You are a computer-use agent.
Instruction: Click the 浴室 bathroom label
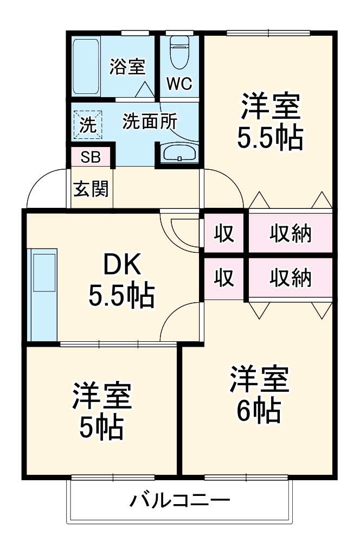click(x=127, y=67)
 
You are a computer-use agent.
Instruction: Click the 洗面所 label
click(x=149, y=122)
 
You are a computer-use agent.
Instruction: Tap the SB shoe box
click(x=91, y=157)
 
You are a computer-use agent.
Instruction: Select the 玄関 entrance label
click(x=91, y=189)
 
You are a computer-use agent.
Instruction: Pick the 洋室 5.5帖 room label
click(x=269, y=122)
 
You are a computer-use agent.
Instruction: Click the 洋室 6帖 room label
click(x=258, y=395)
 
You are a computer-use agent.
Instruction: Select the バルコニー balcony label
click(x=179, y=500)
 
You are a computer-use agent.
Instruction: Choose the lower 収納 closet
click(x=291, y=278)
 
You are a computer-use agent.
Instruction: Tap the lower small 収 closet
click(x=223, y=278)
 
